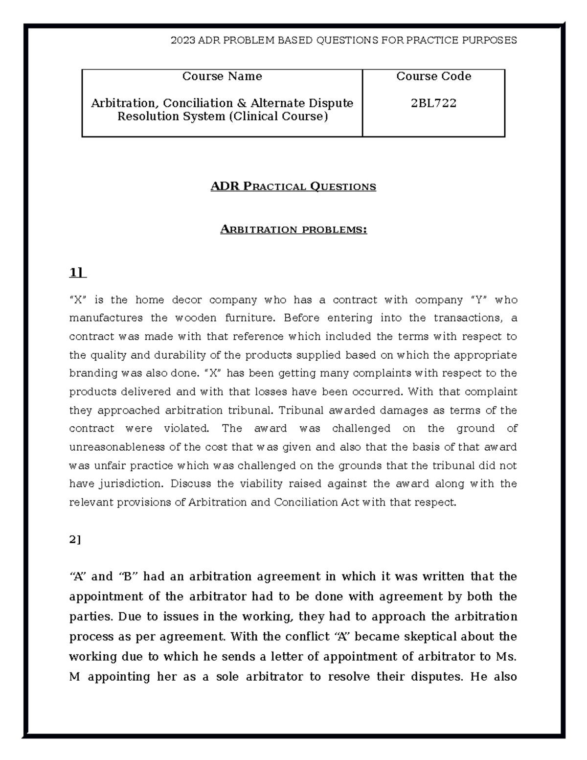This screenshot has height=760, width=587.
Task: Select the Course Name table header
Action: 222,76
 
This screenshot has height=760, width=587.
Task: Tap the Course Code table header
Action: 433,76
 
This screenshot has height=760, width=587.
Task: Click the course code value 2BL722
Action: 433,103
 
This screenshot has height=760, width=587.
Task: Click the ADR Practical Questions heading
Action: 293,186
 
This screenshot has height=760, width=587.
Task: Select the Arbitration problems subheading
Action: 293,230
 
